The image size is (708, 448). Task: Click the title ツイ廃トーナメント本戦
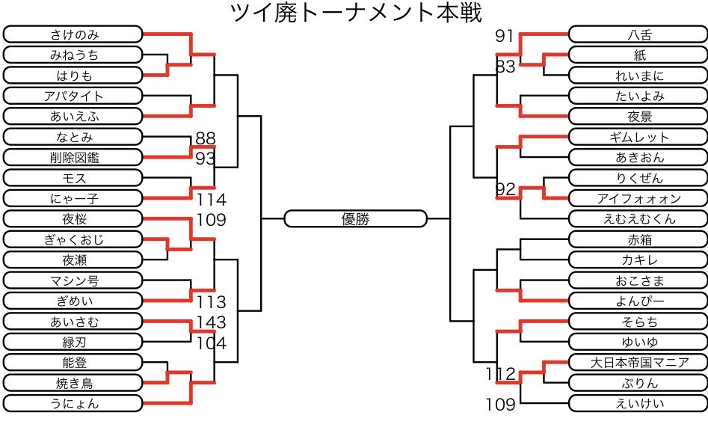pyautogui.click(x=354, y=13)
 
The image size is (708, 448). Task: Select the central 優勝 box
pyautogui.click(x=356, y=218)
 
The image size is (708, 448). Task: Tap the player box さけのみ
pyautogui.click(x=73, y=34)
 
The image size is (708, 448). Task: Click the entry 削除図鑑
pyautogui.click(x=73, y=158)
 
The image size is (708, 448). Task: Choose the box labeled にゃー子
pyautogui.click(x=73, y=199)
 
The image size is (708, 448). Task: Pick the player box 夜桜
pyautogui.click(x=73, y=219)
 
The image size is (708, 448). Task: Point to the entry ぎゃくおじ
pyautogui.click(x=73, y=240)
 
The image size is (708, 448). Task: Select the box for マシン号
pyautogui.click(x=73, y=281)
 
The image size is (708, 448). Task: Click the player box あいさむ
pyautogui.click(x=73, y=322)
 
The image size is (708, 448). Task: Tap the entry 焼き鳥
pyautogui.click(x=73, y=383)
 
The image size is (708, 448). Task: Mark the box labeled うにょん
pyautogui.click(x=73, y=404)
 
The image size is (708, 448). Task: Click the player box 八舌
pyautogui.click(x=637, y=34)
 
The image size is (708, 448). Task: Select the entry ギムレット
pyautogui.click(x=637, y=137)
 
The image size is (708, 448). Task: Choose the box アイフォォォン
pyautogui.click(x=637, y=199)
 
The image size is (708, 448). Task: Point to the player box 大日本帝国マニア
pyautogui.click(x=637, y=363)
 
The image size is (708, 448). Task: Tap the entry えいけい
pyautogui.click(x=637, y=404)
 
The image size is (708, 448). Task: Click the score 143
pyautogui.click(x=211, y=322)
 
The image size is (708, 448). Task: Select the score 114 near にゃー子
pyautogui.click(x=212, y=200)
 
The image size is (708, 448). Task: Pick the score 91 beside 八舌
pyautogui.click(x=505, y=36)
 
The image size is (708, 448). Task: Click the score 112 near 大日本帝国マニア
pyautogui.click(x=501, y=374)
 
